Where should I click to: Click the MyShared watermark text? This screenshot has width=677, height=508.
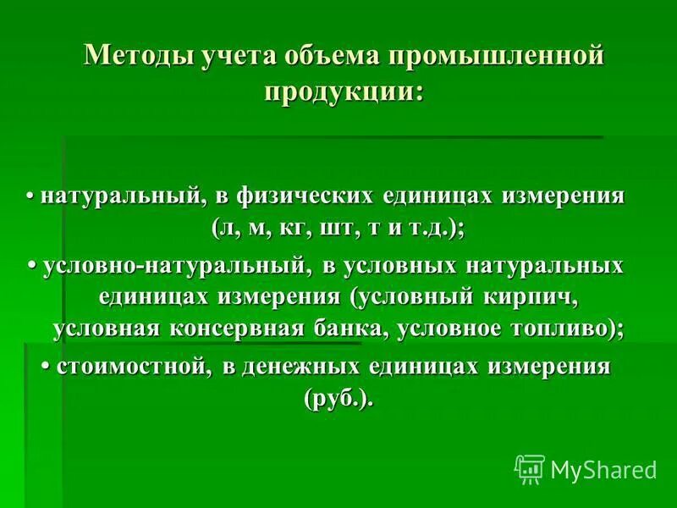coord(603,469)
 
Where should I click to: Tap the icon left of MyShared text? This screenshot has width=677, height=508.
coord(530,468)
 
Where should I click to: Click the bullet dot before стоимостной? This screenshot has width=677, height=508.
coord(47,366)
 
